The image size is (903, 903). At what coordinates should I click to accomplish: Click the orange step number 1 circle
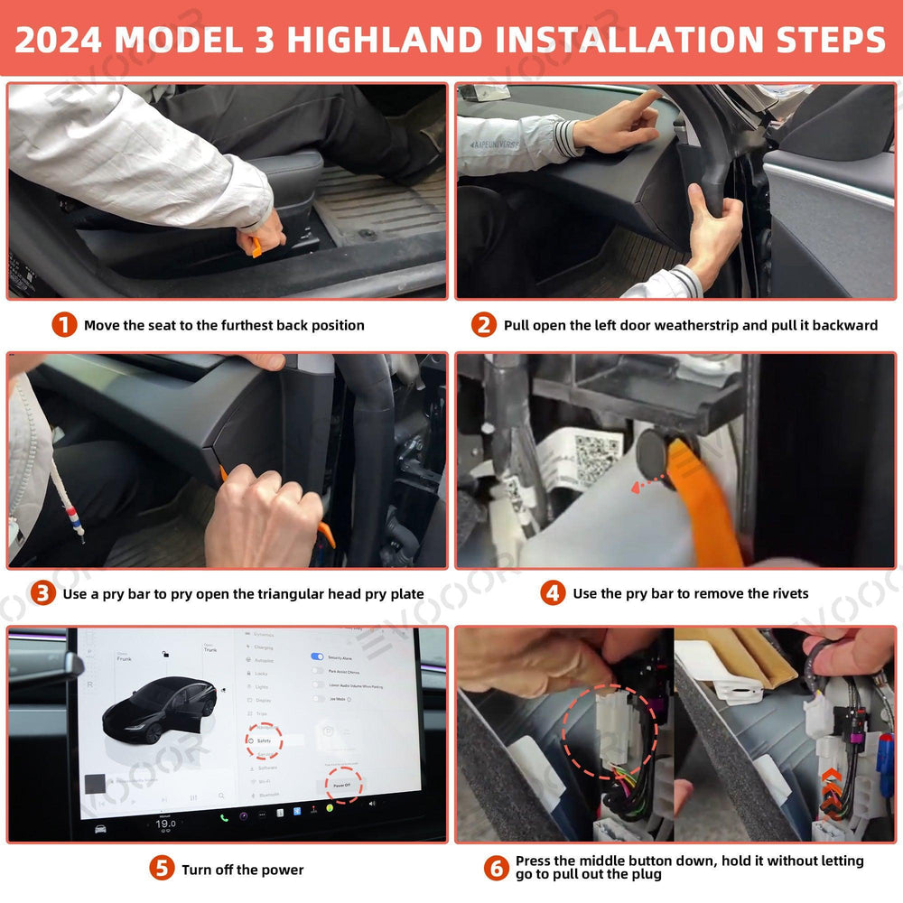tap(64, 325)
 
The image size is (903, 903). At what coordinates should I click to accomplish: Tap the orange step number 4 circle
tap(553, 593)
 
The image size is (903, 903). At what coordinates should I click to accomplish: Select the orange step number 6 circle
tap(496, 869)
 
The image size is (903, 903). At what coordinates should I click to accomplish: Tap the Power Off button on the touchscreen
tap(343, 785)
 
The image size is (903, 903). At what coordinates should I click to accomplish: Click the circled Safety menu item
tap(264, 740)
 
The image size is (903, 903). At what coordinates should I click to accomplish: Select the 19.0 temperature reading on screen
tap(165, 824)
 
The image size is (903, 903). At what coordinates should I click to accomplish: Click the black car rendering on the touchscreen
tap(159, 710)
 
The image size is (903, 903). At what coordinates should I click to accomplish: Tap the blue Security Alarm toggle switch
tap(317, 656)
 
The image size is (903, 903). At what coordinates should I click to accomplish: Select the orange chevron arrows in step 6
tap(828, 787)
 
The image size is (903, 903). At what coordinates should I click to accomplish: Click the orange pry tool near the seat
tap(256, 247)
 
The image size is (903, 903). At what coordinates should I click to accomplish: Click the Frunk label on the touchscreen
tap(124, 659)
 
